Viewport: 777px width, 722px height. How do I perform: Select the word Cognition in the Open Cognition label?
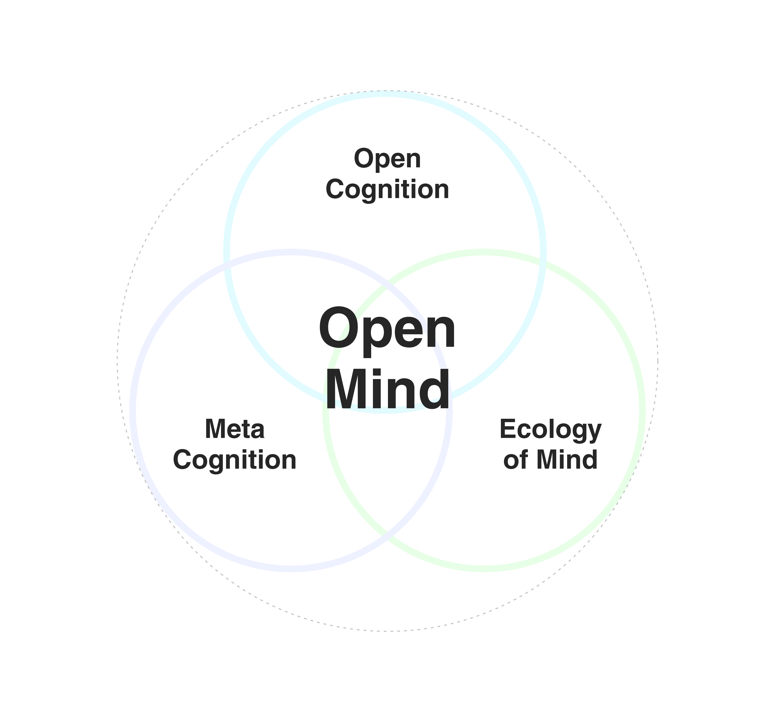coord(387,190)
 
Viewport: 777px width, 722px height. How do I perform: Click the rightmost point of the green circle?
coord(642,410)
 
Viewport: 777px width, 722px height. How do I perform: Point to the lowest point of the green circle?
coord(484,569)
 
